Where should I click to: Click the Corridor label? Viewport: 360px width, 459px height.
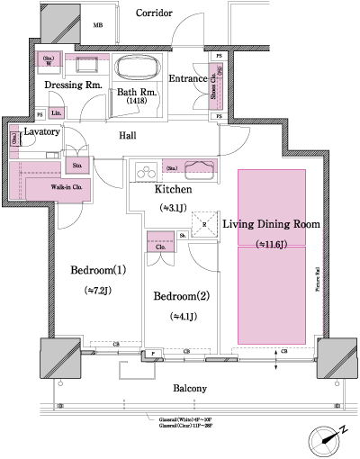click(155, 13)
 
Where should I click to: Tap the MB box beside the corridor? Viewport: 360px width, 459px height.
click(97, 26)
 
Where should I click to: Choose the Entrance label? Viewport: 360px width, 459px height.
click(188, 79)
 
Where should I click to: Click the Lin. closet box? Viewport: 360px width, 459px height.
click(56, 112)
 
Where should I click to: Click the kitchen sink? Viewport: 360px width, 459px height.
click(200, 168)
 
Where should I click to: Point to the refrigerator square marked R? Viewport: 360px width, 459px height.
click(206, 226)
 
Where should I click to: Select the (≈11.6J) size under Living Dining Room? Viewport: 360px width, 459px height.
click(271, 244)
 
